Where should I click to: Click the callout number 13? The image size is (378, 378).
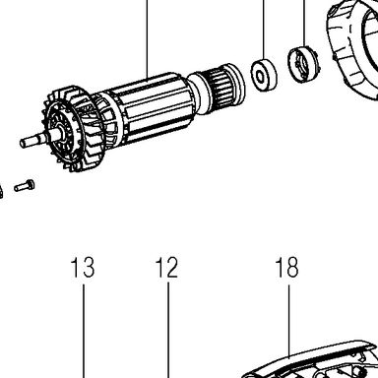point(83,267)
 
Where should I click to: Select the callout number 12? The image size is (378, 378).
point(166,267)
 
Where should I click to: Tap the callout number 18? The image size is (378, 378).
point(287,267)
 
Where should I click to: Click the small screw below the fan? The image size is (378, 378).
point(25,186)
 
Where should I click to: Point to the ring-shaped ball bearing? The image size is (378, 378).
point(264,75)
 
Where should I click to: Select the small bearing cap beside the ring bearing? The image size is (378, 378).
point(304,65)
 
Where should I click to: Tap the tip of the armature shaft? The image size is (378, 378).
point(23,143)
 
